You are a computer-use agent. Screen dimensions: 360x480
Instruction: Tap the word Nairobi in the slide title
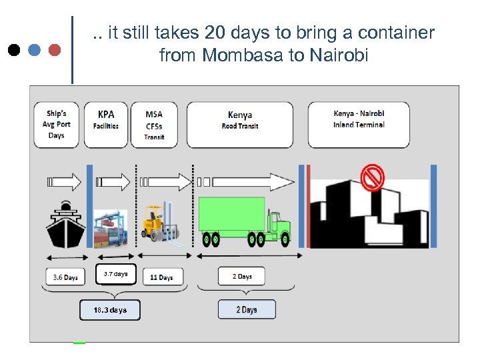339,55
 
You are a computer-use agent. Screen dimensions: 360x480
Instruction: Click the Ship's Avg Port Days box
57,125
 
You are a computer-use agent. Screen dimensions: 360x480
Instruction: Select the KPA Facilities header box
106,125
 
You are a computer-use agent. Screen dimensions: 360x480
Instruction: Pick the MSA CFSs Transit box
154,125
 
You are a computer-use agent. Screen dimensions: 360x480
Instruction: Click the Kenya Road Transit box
239,125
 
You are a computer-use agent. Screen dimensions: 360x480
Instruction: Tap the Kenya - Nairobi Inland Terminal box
359,125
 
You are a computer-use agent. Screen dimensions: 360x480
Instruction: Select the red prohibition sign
371,178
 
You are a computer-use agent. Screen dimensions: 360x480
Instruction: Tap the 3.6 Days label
65,277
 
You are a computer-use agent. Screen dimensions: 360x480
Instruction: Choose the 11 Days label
161,277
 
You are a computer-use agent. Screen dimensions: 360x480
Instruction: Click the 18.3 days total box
110,310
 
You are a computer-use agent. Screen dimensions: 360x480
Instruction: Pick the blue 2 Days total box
246,310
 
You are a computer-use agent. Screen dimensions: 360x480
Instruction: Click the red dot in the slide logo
55,50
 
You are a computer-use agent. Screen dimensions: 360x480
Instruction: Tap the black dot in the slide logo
14,50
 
